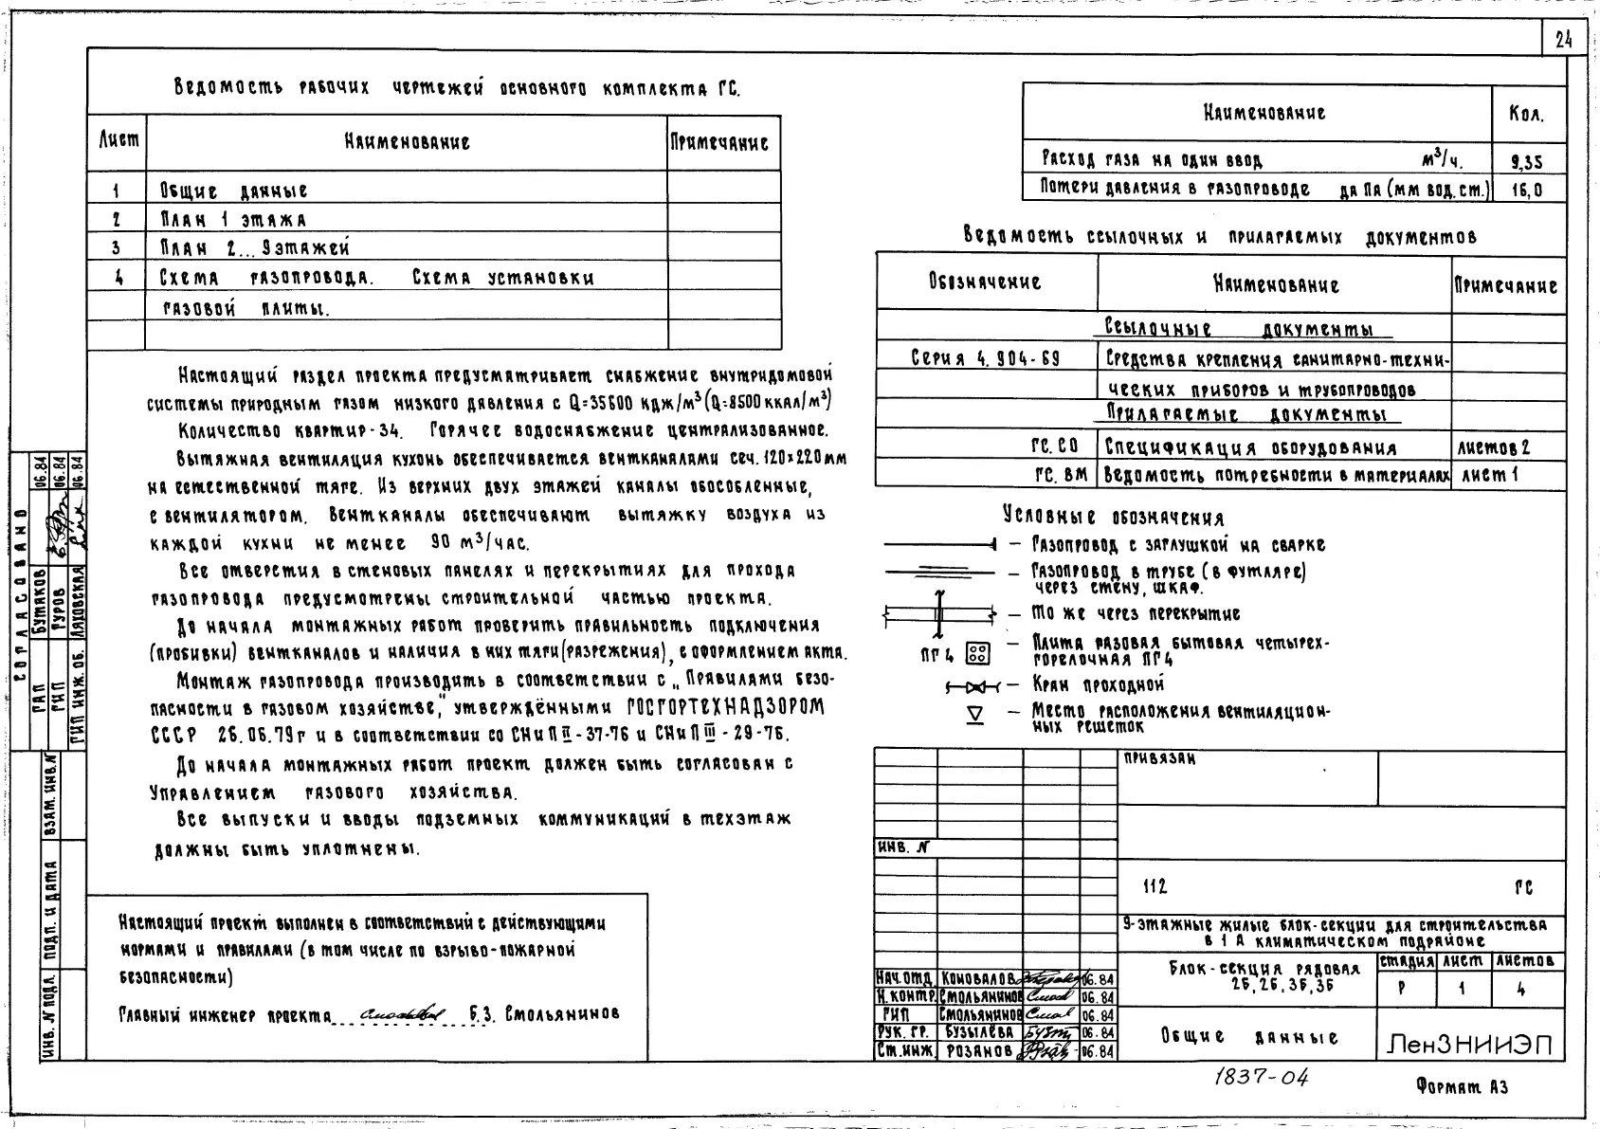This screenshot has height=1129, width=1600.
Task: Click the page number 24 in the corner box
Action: [1564, 39]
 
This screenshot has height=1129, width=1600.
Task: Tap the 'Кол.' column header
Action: [1526, 115]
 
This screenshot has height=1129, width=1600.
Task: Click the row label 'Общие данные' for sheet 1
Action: [233, 191]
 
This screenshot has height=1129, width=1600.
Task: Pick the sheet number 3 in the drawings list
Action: [116, 248]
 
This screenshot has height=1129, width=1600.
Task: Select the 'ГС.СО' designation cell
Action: [1054, 446]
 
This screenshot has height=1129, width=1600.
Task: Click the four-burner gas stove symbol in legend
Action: [977, 653]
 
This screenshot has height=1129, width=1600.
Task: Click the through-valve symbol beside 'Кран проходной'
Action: [973, 685]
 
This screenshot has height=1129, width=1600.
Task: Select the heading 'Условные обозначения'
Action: [1113, 518]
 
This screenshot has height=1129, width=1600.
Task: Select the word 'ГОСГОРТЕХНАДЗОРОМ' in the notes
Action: [726, 708]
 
